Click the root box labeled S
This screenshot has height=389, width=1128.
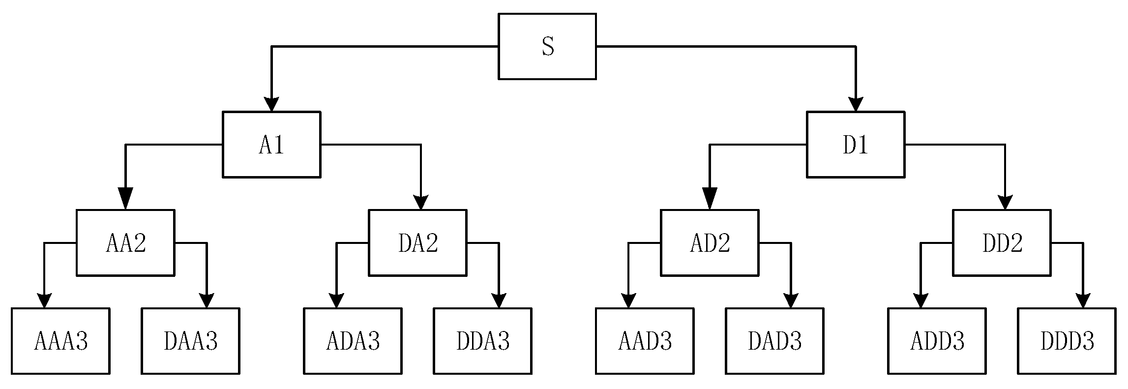click(x=547, y=46)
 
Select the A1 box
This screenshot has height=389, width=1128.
click(x=271, y=145)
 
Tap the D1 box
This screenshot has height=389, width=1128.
click(x=856, y=145)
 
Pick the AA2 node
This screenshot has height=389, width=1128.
click(x=125, y=242)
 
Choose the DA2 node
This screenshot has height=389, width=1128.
click(x=417, y=242)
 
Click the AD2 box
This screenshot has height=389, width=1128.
click(x=710, y=242)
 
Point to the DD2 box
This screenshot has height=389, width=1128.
click(x=1002, y=242)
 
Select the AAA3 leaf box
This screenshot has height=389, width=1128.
click(x=60, y=341)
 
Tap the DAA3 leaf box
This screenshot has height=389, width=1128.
click(x=190, y=341)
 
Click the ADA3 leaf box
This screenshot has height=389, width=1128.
click(x=353, y=341)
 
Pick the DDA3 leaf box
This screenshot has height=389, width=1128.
click(x=482, y=341)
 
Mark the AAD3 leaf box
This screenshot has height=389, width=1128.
click(x=645, y=341)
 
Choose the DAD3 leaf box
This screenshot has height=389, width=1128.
click(x=774, y=341)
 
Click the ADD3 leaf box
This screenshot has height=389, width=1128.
click(x=937, y=341)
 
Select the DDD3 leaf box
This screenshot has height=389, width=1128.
click(x=1067, y=341)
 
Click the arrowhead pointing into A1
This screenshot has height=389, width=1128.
click(x=272, y=104)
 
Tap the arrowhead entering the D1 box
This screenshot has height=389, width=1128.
click(x=856, y=104)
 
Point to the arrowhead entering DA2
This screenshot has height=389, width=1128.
click(x=420, y=202)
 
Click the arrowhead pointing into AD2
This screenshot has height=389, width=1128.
click(x=710, y=199)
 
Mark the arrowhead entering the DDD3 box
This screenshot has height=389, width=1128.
click(x=1083, y=300)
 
